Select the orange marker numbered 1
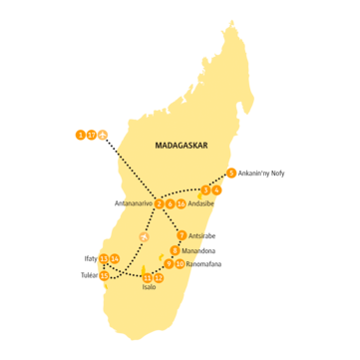81,134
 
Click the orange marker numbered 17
92,134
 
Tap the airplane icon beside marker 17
104,134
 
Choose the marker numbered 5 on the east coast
232,173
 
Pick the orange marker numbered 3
205,189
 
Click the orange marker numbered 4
216,189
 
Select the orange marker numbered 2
160,203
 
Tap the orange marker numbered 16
180,203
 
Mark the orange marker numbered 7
180,236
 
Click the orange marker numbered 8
176,250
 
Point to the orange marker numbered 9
169,263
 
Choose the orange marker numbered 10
180,263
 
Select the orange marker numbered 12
158,277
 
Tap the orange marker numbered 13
104,276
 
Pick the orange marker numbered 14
116,260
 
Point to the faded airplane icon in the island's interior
145,237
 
